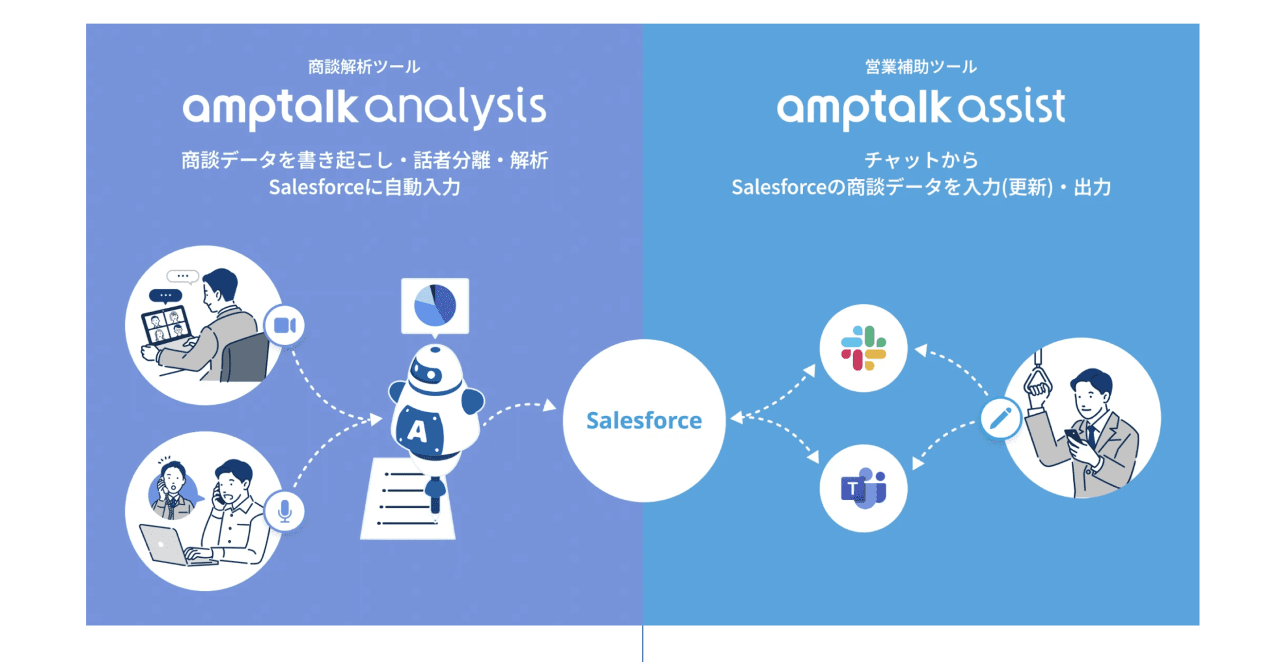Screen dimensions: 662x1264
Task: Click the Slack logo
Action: [x=863, y=349]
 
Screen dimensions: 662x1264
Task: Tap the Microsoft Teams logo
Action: [x=863, y=487]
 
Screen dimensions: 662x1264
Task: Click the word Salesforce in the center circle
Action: [x=644, y=421]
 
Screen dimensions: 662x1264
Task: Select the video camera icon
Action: [x=285, y=325]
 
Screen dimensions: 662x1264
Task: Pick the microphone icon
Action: [x=285, y=511]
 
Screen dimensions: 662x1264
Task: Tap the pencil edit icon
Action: [x=1000, y=418]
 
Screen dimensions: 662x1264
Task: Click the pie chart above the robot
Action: [x=435, y=305]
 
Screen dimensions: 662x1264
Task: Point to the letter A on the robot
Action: [x=418, y=430]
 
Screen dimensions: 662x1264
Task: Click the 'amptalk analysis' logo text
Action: [x=364, y=108]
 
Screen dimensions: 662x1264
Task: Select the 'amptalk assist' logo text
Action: [x=921, y=108]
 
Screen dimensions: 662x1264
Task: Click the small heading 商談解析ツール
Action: [x=364, y=67]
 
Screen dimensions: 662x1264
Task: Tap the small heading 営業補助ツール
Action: [x=921, y=67]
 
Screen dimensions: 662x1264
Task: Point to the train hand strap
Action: [x=1037, y=379]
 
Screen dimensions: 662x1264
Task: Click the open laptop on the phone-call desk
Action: [x=164, y=545]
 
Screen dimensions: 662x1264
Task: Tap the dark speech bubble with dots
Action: [x=165, y=296]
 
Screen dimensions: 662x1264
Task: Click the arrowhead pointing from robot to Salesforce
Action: [x=549, y=405]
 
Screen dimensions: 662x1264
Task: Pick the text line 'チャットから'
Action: [x=921, y=160]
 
